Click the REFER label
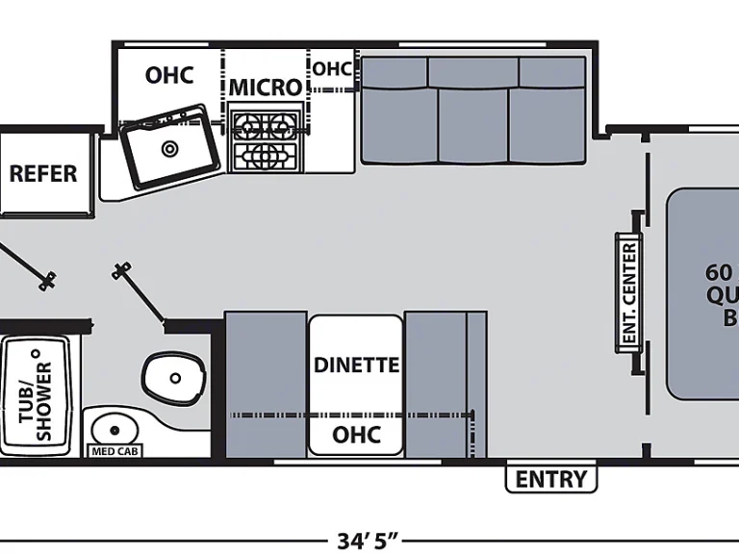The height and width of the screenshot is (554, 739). pyautogui.click(x=43, y=174)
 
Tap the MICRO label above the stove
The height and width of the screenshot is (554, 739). pyautogui.click(x=265, y=88)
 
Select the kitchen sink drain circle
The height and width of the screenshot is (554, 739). pyautogui.click(x=170, y=148)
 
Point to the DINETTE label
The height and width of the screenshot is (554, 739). pyautogui.click(x=356, y=365)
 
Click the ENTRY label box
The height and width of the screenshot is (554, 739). pyautogui.click(x=551, y=479)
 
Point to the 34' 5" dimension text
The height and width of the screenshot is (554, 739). pyautogui.click(x=368, y=540)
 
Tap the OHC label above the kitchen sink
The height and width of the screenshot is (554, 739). pyautogui.click(x=169, y=75)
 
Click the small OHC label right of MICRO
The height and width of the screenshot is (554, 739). pyautogui.click(x=332, y=69)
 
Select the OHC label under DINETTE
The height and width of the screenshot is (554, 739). pyautogui.click(x=356, y=435)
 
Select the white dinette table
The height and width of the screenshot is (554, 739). pyautogui.click(x=356, y=385)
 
